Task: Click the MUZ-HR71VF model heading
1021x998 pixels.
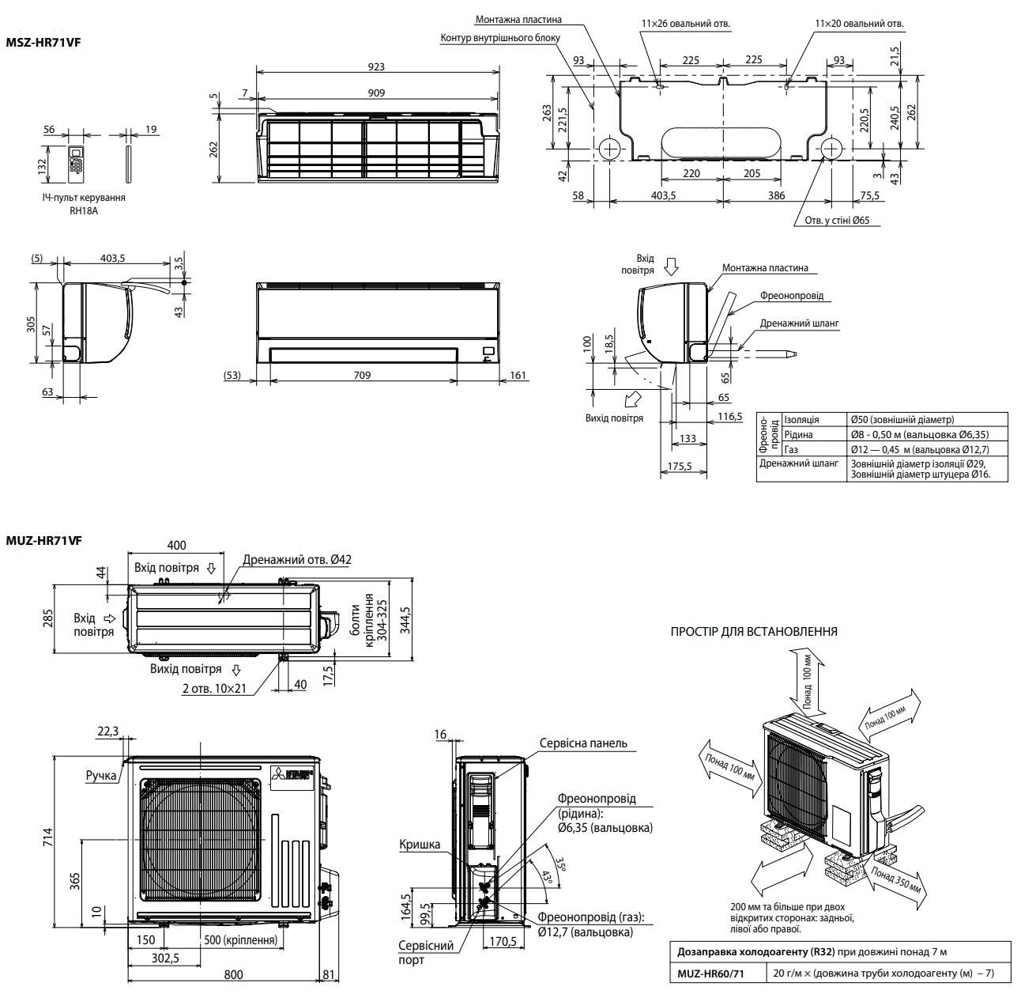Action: tap(44, 540)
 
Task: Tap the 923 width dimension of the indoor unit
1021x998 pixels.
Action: tap(376, 66)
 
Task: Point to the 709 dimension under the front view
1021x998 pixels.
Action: tap(362, 375)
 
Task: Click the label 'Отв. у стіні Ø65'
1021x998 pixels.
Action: tap(836, 221)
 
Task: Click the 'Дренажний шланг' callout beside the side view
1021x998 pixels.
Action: tap(799, 323)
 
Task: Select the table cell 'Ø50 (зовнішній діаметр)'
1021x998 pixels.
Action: tap(902, 420)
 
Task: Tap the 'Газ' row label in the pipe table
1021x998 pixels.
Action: tap(792, 449)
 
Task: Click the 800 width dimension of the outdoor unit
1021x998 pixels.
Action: tap(233, 974)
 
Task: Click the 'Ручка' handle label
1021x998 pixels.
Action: tap(101, 776)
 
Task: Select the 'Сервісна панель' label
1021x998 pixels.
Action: tap(583, 743)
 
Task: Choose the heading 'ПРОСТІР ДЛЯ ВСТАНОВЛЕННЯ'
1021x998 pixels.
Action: tap(754, 632)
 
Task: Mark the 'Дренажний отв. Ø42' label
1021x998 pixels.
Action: tap(297, 560)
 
